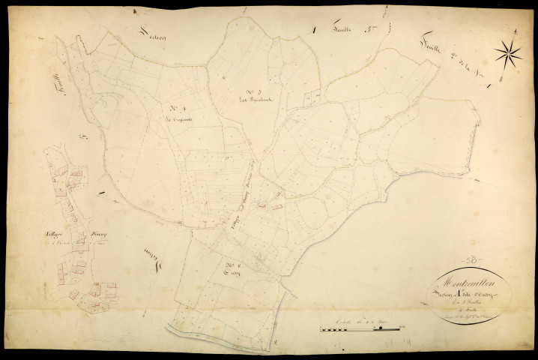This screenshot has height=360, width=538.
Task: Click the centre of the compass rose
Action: coord(508,52)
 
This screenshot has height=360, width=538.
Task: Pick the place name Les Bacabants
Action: coord(253,102)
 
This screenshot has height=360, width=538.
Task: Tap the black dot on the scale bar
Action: coord(381,328)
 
